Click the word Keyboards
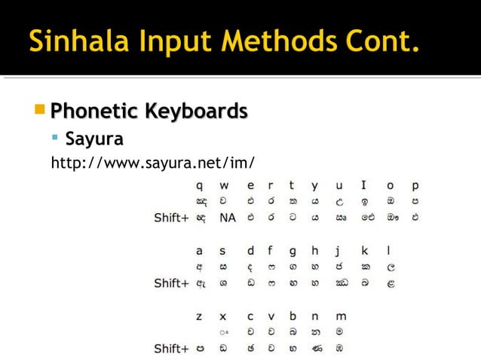(196, 111)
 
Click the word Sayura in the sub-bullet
(94, 139)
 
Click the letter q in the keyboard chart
(199, 185)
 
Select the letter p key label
(415, 185)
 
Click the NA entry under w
(228, 218)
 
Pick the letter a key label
(199, 250)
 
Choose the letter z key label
(199, 316)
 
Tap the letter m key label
(340, 316)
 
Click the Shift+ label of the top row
(171, 218)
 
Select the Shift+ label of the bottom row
(171, 349)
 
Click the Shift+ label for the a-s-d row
(171, 283)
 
